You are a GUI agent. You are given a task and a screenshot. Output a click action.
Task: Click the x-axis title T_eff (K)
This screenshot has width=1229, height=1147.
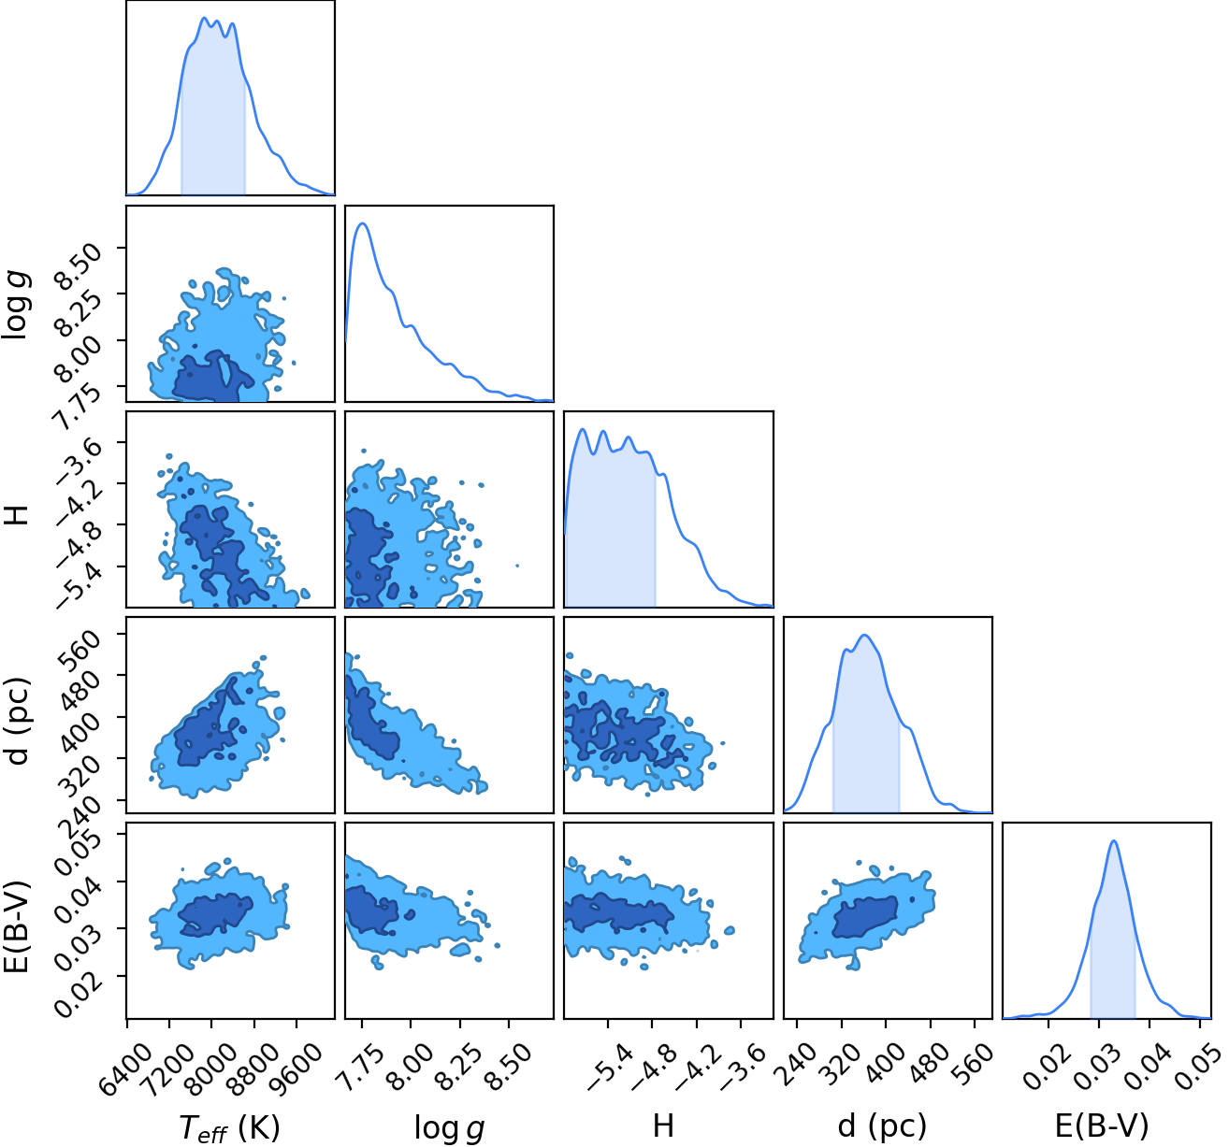(x=229, y=1126)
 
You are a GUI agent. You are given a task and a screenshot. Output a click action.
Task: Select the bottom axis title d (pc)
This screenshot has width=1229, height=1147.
(x=882, y=1125)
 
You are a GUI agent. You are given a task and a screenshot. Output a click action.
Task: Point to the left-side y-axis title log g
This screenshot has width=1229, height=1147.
(x=17, y=304)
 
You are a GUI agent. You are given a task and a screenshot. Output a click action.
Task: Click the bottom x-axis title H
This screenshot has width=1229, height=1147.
(x=663, y=1125)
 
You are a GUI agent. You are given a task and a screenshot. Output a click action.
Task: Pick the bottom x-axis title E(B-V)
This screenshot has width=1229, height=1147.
(x=1102, y=1125)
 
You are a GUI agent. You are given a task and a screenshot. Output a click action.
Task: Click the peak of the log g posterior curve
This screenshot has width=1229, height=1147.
(x=363, y=223)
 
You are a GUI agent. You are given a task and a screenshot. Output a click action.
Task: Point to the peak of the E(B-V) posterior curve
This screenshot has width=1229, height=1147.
(x=1114, y=840)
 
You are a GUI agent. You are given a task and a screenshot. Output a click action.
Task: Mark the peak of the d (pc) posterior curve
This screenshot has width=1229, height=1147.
(x=864, y=636)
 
